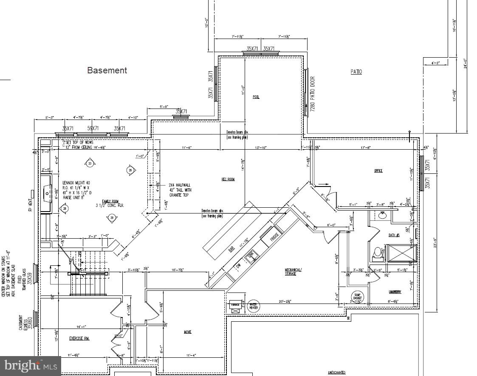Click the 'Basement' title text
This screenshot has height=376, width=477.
pyautogui.click(x=107, y=70)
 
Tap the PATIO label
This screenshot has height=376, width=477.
pyautogui.click(x=356, y=72)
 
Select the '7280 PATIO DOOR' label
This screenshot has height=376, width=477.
pyautogui.click(x=313, y=94)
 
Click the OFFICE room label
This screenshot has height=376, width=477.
pyautogui.click(x=378, y=171)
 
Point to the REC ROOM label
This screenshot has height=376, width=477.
pyautogui.click(x=228, y=179)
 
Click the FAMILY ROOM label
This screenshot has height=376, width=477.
pyautogui.click(x=110, y=201)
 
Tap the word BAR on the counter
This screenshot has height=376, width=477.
pyautogui.click(x=231, y=250)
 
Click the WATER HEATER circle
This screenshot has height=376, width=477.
pyautogui.click(x=253, y=306)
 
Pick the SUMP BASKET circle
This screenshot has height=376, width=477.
pyautogui.click(x=357, y=297)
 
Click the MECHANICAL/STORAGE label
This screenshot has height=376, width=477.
pyautogui.click(x=293, y=272)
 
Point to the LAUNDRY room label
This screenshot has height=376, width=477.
pyautogui.click(x=395, y=292)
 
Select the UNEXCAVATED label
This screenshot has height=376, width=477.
pyautogui.click(x=336, y=373)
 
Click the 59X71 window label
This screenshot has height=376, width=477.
pyautogui.click(x=93, y=128)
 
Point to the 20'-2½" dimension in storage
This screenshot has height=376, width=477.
pyautogui.click(x=299, y=302)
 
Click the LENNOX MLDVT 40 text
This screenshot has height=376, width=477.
pyautogui.click(x=76, y=183)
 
